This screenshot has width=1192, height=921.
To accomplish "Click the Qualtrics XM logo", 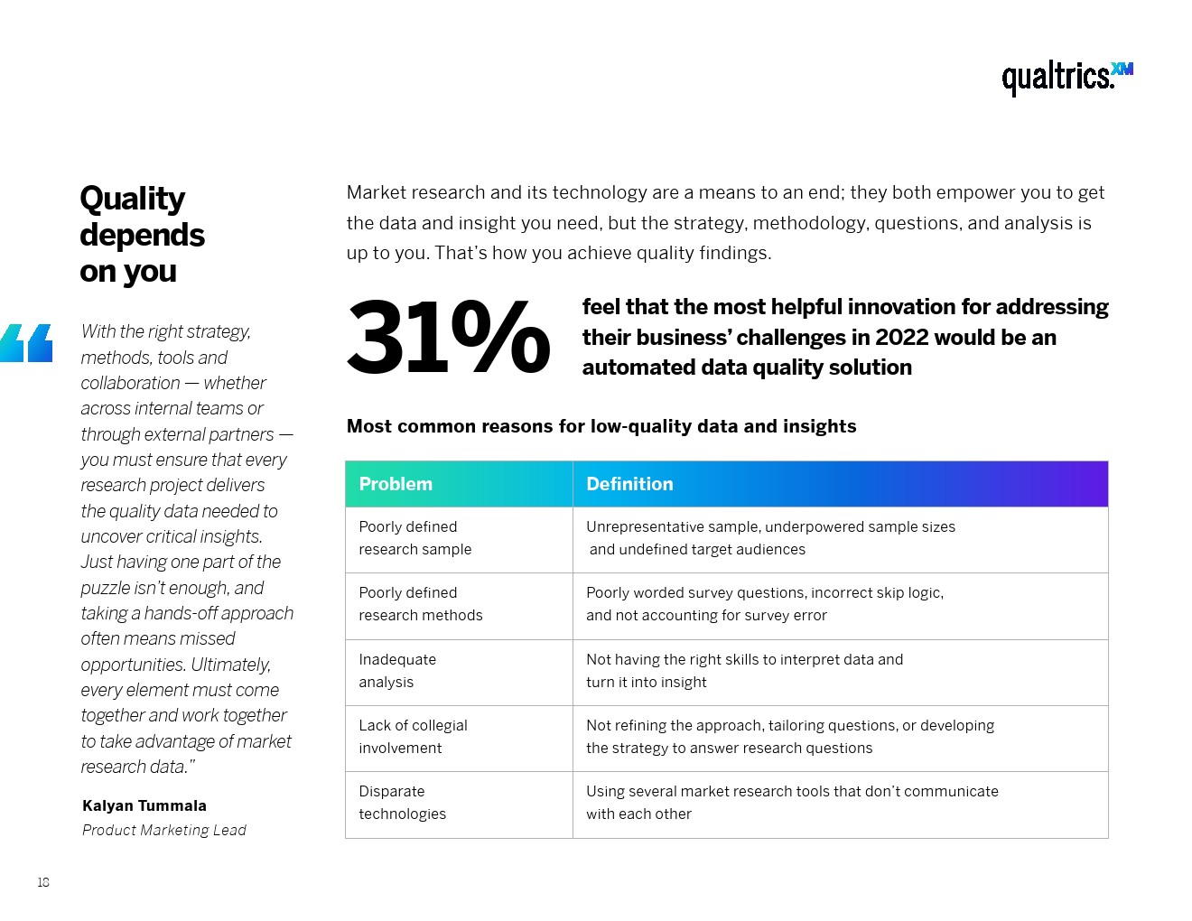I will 1066,77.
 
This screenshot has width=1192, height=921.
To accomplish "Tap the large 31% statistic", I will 448,338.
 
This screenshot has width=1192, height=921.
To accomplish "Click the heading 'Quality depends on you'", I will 142,234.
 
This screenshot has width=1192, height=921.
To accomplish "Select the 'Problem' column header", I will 396,484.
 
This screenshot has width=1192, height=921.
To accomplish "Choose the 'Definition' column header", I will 629,484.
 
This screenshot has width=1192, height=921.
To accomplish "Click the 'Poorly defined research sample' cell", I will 414,538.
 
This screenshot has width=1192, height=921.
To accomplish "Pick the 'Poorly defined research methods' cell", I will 420,604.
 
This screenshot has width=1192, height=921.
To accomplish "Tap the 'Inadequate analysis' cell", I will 397,671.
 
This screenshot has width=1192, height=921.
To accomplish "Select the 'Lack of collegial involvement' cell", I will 413,737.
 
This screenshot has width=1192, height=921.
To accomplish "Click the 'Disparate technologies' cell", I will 402,803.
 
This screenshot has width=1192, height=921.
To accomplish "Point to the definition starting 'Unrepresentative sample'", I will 770,538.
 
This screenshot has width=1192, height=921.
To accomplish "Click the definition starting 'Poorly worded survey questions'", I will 764,604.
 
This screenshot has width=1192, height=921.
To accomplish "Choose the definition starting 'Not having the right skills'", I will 744,671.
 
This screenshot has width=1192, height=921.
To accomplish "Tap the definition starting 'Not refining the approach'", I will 789,737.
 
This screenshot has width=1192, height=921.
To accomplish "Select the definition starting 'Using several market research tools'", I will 792,803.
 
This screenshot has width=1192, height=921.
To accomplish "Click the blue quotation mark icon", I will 26,343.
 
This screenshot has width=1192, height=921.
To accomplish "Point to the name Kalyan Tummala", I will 144,805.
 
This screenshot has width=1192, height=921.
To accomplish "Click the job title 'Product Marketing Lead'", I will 163,830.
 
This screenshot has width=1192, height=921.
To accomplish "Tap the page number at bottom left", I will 43,882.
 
